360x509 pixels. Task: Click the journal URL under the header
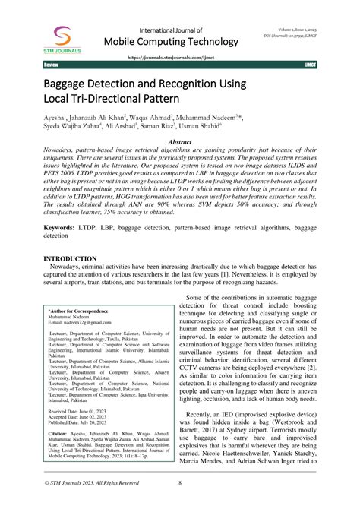click(179, 56)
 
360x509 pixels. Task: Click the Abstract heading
click(179, 142)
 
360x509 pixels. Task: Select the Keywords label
click(52, 229)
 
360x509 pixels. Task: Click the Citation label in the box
click(61, 434)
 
